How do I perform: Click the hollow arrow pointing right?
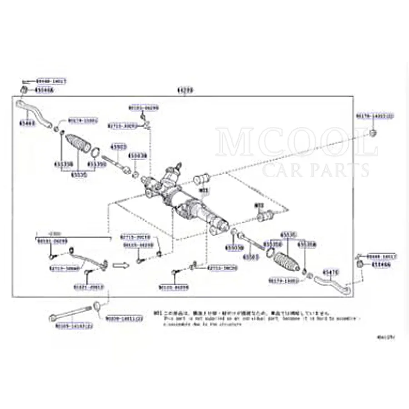click(x=120, y=264)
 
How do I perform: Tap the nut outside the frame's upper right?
click(x=373, y=133)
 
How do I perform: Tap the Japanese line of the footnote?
click(x=241, y=313)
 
